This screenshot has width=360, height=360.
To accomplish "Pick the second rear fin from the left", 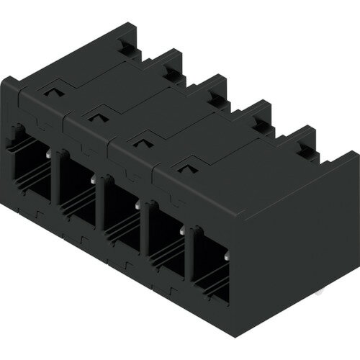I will coord(169,61).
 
